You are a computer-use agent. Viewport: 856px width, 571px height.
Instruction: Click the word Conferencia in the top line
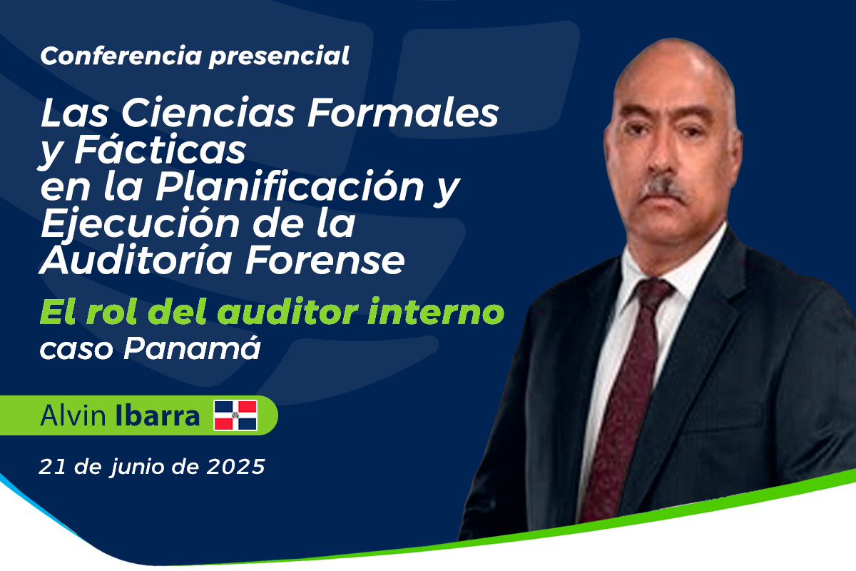121,56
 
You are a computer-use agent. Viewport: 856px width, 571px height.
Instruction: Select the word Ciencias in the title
208,113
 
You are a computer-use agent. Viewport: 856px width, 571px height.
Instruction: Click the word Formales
403,113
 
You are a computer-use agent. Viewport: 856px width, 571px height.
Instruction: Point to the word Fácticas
160,148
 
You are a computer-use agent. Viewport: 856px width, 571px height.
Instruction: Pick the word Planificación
290,185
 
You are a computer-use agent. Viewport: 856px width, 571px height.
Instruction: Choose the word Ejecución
141,222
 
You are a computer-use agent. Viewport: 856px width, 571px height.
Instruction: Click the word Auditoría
136,259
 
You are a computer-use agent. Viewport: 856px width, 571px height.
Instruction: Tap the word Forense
325,261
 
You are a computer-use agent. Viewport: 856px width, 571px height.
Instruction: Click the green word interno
436,312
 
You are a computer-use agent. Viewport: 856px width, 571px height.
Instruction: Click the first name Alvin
73,415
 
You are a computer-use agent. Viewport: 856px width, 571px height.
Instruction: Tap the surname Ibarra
157,415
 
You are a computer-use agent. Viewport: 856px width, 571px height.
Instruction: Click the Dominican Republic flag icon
235,415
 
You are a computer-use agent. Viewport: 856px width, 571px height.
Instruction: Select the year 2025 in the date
236,467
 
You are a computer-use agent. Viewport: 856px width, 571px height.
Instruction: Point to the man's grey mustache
664,190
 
